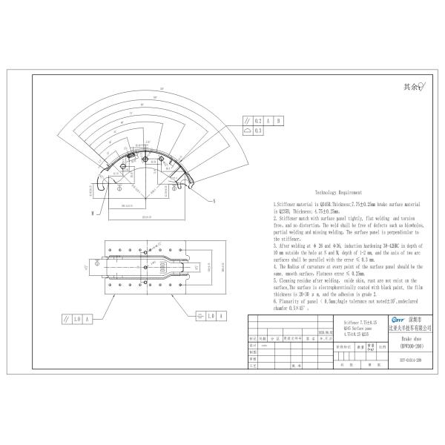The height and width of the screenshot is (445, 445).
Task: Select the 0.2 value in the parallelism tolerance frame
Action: (x=258, y=120)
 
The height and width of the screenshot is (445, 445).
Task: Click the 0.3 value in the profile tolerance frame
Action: (x=258, y=131)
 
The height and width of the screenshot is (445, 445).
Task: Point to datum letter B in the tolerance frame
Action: (x=278, y=120)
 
